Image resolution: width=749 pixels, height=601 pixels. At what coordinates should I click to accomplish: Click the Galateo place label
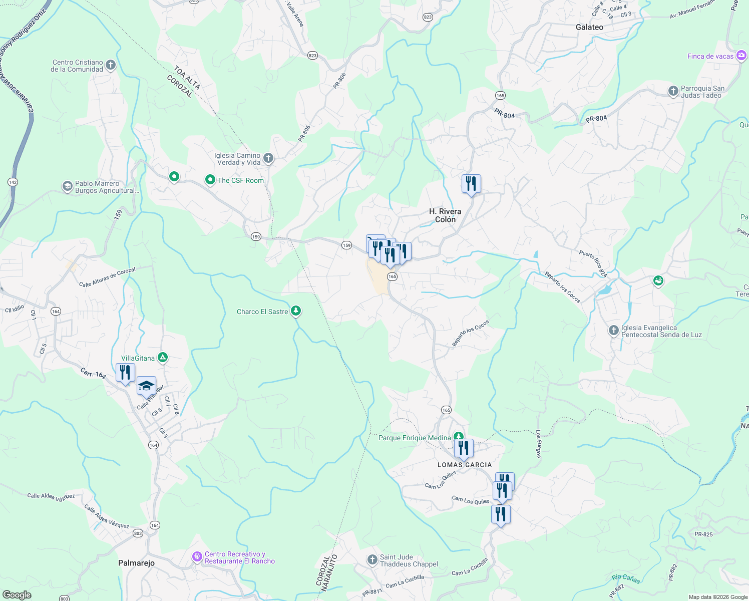tap(589, 27)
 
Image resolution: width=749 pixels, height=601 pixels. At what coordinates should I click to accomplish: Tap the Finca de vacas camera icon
tap(741, 56)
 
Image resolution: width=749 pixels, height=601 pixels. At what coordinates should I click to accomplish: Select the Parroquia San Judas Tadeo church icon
tap(673, 91)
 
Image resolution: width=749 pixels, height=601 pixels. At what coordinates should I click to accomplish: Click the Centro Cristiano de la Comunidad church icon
tap(111, 65)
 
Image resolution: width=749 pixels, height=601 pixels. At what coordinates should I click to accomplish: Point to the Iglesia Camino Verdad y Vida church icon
tap(268, 158)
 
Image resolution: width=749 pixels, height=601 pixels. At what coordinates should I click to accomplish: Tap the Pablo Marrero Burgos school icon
tap(67, 187)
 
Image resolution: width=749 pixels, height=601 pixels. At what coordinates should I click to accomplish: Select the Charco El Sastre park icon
tap(296, 311)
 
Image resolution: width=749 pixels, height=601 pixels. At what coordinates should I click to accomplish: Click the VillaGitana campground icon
tap(162, 358)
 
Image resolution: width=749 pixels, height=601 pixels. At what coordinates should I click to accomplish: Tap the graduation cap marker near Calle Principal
tap(146, 386)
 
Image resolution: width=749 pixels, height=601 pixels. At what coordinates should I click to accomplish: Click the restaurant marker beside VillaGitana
tap(125, 372)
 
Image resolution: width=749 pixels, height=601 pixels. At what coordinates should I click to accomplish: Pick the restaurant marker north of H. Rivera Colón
tap(471, 184)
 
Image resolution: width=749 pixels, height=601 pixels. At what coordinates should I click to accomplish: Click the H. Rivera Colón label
tap(445, 215)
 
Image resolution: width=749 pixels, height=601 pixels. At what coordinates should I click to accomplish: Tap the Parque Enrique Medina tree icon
tap(458, 437)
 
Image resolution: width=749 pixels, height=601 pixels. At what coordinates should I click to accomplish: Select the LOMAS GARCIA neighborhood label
tap(465, 465)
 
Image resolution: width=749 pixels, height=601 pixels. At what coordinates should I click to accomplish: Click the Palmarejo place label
tap(136, 563)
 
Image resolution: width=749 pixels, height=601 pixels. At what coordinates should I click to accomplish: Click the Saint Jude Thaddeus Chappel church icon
tap(372, 559)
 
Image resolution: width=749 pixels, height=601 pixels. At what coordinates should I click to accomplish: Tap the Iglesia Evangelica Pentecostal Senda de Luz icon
tap(613, 331)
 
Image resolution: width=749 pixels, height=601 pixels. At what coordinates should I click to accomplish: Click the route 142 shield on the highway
tap(13, 182)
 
